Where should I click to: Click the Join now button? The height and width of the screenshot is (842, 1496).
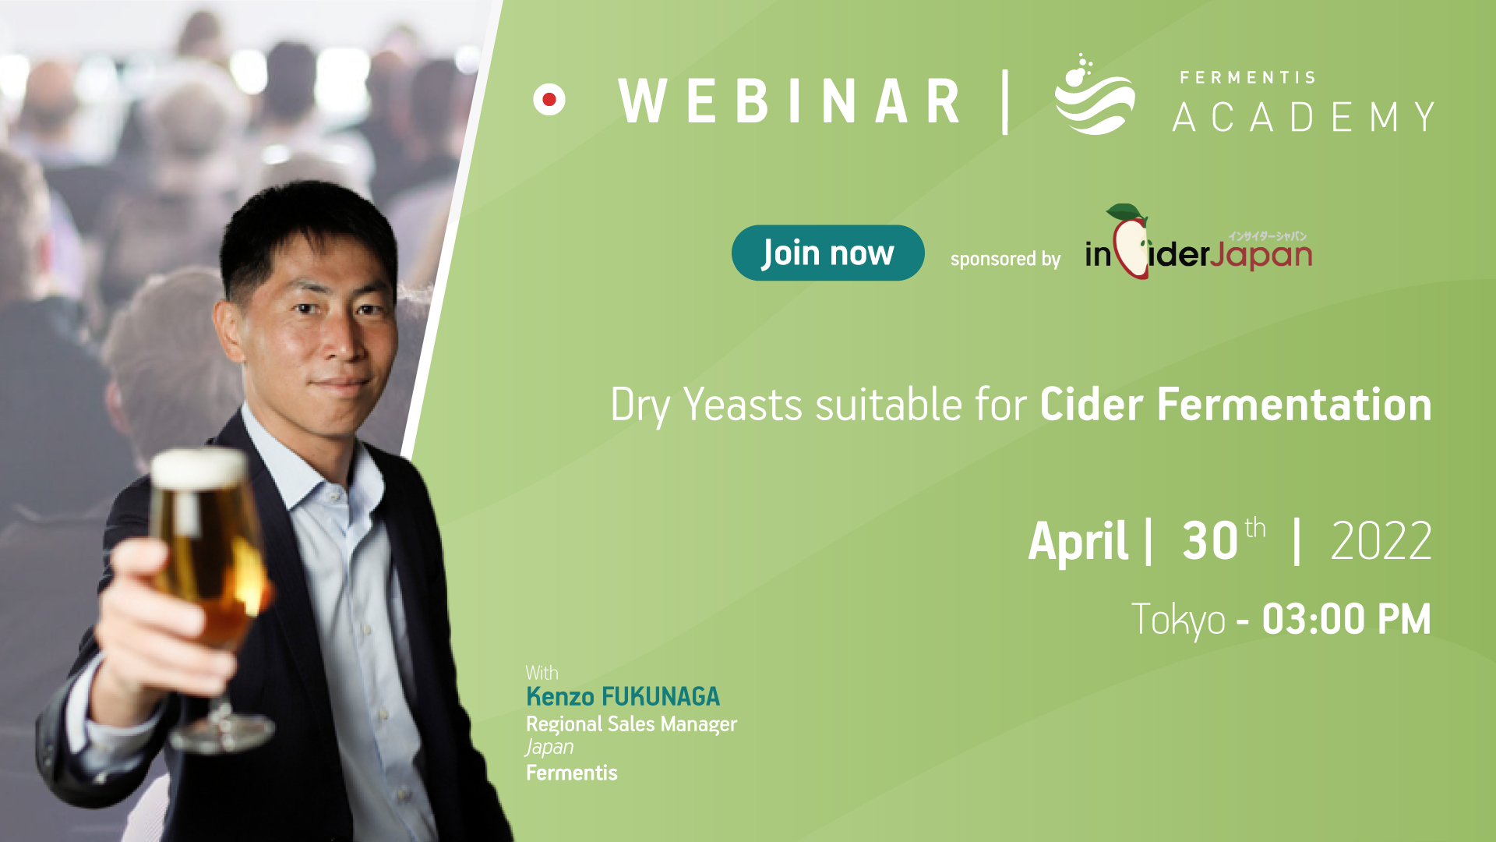click(x=827, y=253)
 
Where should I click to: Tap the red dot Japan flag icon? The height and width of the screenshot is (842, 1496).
click(x=549, y=100)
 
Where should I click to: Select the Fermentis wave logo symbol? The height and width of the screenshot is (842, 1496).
click(x=1094, y=95)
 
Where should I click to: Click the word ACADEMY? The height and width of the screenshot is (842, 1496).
click(x=1304, y=117)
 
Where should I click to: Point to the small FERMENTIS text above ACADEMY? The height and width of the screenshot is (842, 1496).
click(x=1247, y=77)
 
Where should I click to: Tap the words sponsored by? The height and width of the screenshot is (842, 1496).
click(x=1005, y=259)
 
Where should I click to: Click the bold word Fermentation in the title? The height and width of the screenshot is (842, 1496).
click(x=1294, y=405)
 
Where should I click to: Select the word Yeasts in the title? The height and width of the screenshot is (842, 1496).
click(x=743, y=405)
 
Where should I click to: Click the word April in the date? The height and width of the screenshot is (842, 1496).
click(x=1078, y=541)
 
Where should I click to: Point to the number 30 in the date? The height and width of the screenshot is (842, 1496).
click(x=1210, y=541)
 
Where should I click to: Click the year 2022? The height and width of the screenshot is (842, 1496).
click(x=1381, y=541)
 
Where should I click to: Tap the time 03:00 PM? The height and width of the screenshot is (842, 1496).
click(x=1346, y=620)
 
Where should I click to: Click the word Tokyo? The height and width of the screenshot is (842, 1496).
click(x=1178, y=621)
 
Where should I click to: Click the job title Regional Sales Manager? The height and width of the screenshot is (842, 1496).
click(x=631, y=724)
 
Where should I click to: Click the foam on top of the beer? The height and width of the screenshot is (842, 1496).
click(x=199, y=469)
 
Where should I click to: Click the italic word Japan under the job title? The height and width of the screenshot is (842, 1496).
click(x=549, y=748)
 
